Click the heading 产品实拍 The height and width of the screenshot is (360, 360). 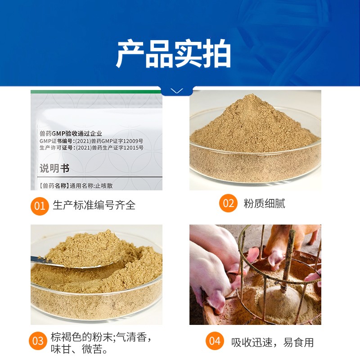[173, 54]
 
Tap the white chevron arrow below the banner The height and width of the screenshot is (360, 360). [177, 91]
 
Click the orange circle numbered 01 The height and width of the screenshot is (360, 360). [40, 206]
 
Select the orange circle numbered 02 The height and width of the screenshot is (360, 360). [228, 203]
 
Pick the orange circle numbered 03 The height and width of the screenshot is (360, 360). [38, 341]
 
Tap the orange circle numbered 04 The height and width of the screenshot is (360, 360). [215, 341]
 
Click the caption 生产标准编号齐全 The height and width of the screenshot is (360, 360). [94, 205]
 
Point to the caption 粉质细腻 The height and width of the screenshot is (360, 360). [264, 203]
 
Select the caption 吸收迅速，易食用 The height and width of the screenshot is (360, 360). [272, 342]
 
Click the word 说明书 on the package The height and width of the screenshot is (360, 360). [54, 168]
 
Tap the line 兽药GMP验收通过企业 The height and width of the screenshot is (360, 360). [71, 133]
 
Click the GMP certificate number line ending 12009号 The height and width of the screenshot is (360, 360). [91, 141]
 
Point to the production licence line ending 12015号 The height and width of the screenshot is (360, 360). [91, 148]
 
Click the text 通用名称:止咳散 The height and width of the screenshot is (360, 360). [91, 185]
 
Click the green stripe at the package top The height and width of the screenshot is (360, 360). [96, 92]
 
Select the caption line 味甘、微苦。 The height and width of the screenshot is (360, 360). [79, 349]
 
